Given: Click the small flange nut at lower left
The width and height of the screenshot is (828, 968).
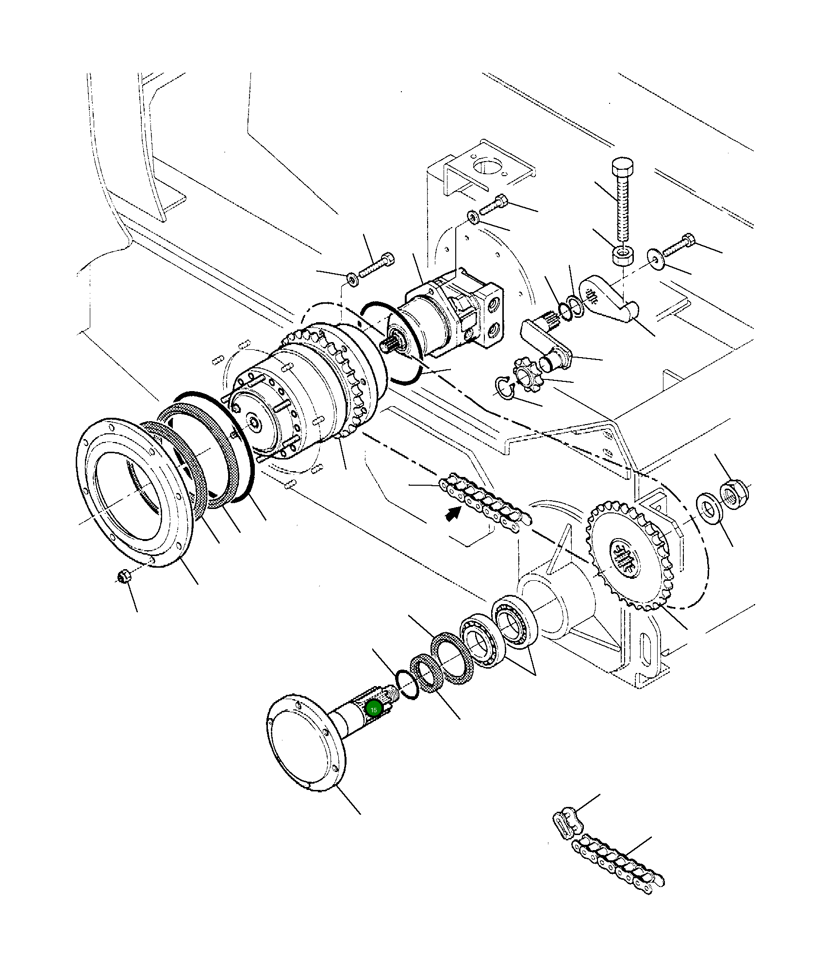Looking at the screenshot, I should tap(123, 576).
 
